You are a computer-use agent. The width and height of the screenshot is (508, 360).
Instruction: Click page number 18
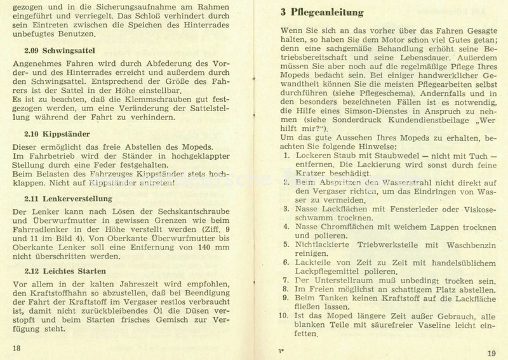click(17, 347)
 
